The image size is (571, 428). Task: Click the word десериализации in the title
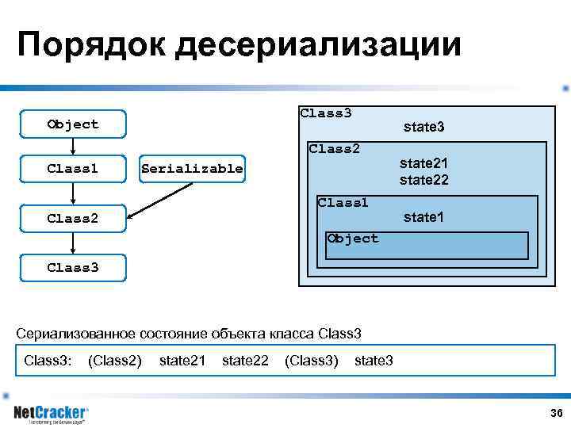tap(318, 45)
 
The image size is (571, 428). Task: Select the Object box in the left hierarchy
tap(73, 124)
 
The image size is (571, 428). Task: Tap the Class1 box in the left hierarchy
tap(73, 169)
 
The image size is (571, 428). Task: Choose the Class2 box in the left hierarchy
tap(73, 218)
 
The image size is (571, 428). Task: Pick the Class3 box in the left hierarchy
tap(73, 267)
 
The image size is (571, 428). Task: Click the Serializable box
tap(191, 169)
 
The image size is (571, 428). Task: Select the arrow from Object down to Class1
tap(73, 146)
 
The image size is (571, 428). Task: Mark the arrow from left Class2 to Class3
tap(73, 243)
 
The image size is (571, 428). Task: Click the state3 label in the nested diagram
tap(423, 127)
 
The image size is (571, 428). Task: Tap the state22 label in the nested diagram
tap(423, 181)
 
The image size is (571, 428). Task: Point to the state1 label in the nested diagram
tap(423, 217)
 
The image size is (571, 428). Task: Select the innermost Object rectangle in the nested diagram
tap(428, 246)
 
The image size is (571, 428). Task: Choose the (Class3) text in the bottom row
tap(311, 361)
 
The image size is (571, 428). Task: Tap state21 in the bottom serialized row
tap(182, 361)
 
